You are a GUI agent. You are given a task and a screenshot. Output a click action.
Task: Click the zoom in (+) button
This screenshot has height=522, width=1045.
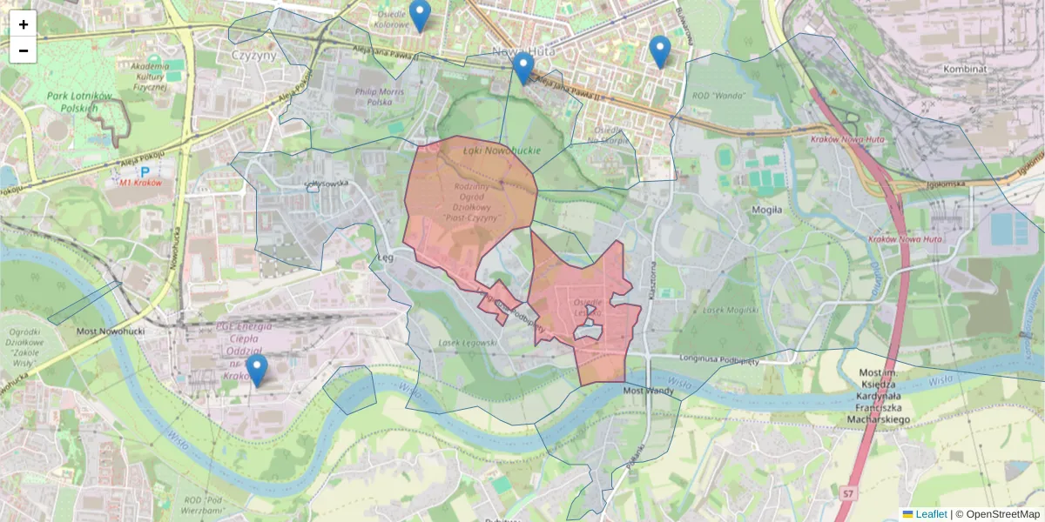coord(24,24)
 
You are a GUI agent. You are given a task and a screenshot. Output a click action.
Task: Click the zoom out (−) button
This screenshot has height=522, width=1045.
coord(24,50)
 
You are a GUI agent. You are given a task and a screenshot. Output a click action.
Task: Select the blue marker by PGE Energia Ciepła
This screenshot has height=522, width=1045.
coord(256,370)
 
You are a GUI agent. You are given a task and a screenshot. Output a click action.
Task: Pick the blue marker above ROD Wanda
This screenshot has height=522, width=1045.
coord(660,51)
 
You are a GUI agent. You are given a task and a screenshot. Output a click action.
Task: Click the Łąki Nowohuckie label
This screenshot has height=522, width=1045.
coord(502,151)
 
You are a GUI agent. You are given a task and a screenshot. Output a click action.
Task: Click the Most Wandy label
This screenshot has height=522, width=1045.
coord(649,391)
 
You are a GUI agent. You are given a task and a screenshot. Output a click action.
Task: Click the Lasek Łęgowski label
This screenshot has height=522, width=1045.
coord(470,344)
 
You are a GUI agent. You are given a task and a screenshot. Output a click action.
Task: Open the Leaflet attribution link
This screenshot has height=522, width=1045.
coord(930,514)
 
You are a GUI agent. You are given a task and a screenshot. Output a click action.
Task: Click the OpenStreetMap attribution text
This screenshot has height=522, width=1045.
coord(1002,514)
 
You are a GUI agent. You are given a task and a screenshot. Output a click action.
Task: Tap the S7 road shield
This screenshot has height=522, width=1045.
coord(847,494)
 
